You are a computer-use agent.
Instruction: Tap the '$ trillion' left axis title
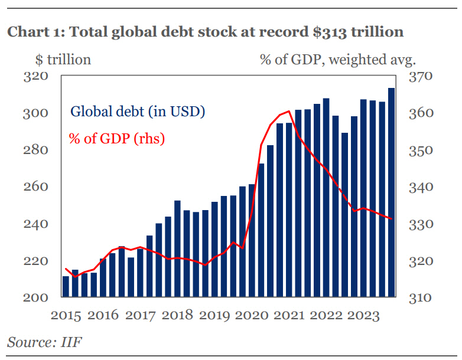click(x=60, y=60)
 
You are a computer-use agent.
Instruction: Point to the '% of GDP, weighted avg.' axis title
click(x=338, y=60)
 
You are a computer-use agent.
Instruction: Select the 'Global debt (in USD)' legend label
click(x=138, y=112)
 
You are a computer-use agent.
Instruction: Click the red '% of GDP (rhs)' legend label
click(x=116, y=139)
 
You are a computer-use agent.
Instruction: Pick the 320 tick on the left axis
click(x=34, y=76)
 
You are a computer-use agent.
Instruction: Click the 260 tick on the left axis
click(x=34, y=187)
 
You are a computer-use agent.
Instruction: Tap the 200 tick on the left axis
click(x=34, y=297)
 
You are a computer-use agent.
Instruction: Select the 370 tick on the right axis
click(x=420, y=77)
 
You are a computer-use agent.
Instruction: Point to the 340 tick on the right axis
click(x=420, y=188)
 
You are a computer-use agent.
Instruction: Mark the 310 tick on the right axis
click(x=420, y=298)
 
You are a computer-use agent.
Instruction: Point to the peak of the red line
click(x=288, y=111)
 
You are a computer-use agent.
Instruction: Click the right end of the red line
click(x=391, y=218)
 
